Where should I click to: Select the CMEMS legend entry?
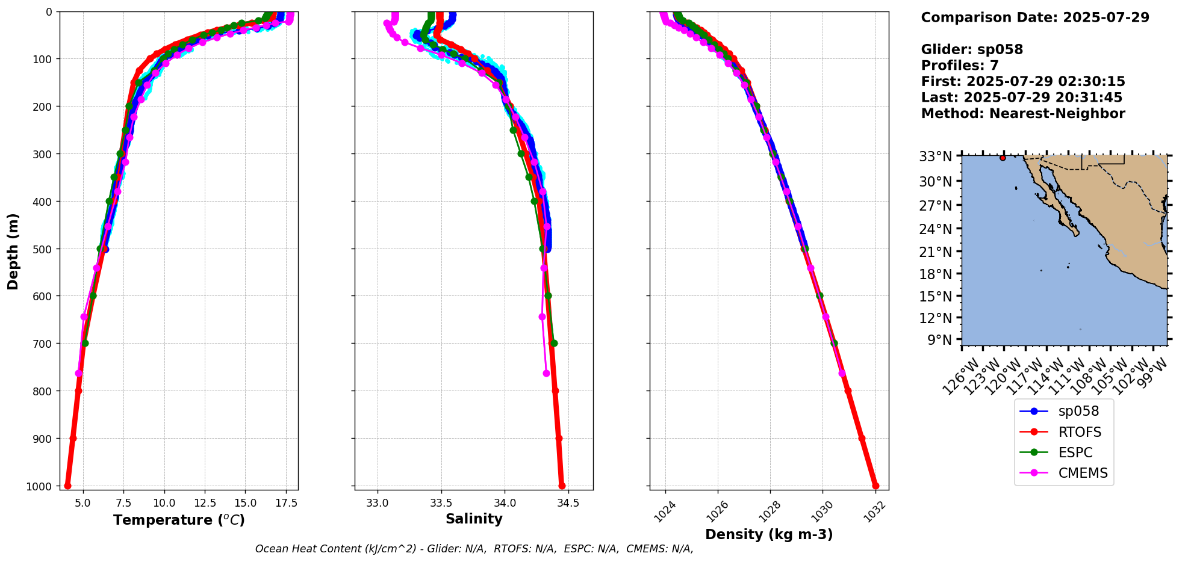(1082, 473)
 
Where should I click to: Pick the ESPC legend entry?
(1075, 452)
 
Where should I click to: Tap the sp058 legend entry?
(1078, 412)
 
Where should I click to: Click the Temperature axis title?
(179, 520)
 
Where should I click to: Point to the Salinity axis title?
(474, 519)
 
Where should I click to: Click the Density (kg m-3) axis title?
(769, 534)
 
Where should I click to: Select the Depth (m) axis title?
(13, 251)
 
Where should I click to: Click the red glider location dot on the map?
(1003, 158)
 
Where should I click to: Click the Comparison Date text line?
(1035, 17)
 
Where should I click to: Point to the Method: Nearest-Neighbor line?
(1022, 114)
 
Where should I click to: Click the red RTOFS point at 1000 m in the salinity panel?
(562, 486)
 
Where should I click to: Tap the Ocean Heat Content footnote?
(474, 549)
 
